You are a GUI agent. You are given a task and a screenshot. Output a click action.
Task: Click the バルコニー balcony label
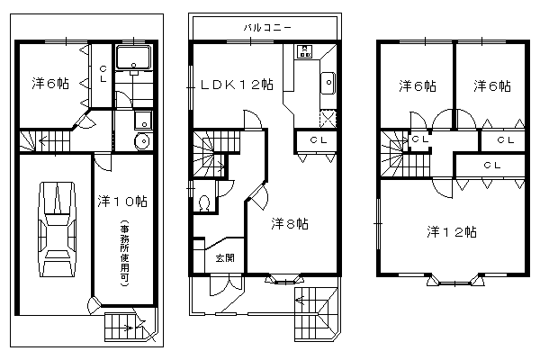[x=267, y=28]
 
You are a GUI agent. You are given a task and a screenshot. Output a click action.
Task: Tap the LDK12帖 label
[x=237, y=85]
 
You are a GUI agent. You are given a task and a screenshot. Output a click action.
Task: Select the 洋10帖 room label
[x=122, y=202]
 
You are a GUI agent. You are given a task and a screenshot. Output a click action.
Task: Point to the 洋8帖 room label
[x=290, y=224]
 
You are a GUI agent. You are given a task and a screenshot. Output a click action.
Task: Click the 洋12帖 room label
[x=452, y=232]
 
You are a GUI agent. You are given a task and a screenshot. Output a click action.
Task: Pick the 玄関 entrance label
[x=225, y=257]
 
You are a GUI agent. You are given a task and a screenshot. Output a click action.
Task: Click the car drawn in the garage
[x=58, y=229]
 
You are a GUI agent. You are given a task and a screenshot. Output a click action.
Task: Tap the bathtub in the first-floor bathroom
[x=133, y=58]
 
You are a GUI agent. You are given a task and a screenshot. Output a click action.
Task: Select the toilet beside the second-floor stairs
[x=204, y=202]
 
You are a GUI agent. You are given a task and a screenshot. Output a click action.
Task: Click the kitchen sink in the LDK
[x=328, y=83]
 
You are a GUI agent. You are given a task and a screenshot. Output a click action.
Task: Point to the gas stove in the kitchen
[x=304, y=51]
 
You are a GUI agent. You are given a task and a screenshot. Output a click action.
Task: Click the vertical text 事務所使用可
[x=125, y=254]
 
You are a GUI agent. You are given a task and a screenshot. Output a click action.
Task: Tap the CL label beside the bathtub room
[x=103, y=75]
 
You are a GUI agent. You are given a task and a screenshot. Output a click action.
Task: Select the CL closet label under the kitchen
[x=319, y=140]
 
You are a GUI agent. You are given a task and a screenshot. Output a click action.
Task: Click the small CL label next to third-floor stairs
[x=420, y=139]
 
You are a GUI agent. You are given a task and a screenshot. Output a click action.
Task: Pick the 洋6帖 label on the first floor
[x=50, y=84]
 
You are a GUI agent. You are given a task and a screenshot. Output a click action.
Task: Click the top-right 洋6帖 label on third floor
[x=492, y=85]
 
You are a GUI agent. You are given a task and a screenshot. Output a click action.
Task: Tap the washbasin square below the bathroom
[x=143, y=121]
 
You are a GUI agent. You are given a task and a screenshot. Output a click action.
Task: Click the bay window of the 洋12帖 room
[x=455, y=280]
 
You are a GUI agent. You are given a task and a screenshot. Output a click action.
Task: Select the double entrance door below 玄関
[x=227, y=285]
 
